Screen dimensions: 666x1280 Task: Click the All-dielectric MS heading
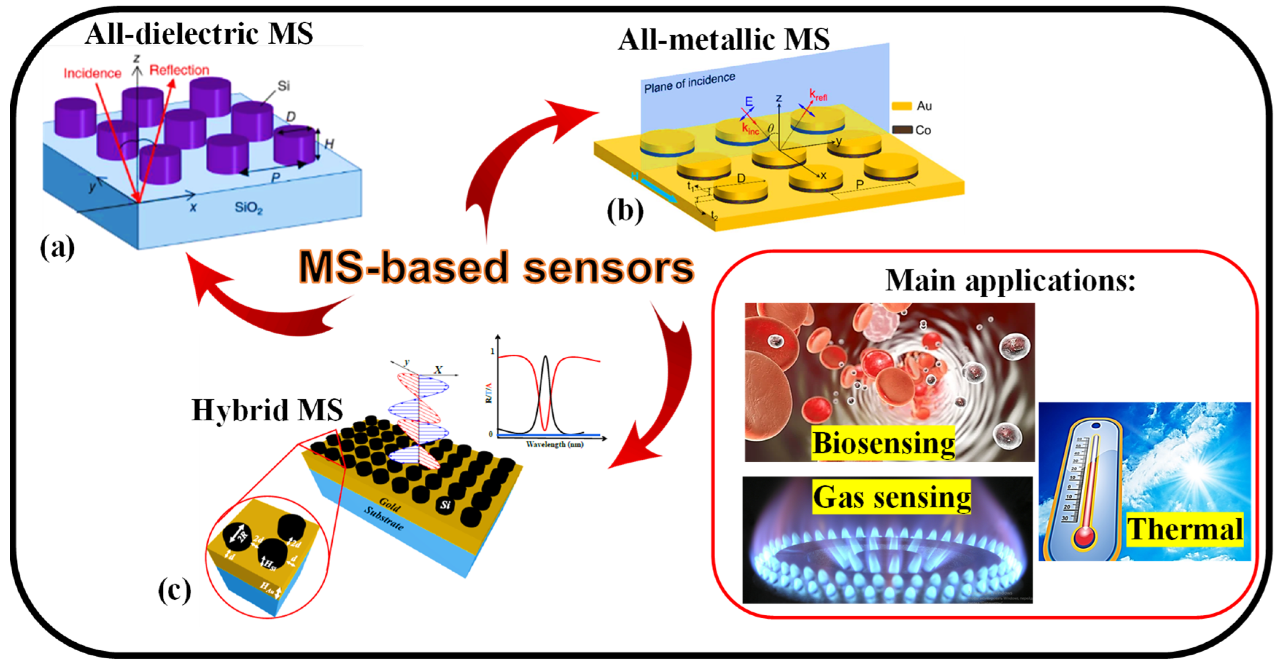click(x=199, y=34)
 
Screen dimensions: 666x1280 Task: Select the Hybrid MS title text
click(x=267, y=410)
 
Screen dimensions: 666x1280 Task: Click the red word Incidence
click(x=92, y=74)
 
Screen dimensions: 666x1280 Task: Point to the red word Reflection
click(x=179, y=70)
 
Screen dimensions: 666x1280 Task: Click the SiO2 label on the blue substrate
click(x=248, y=207)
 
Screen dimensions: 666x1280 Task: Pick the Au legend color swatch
click(x=901, y=106)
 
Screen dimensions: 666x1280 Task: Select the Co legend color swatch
click(x=901, y=130)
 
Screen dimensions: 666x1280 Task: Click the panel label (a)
click(x=57, y=247)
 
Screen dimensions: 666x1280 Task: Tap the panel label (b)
click(x=624, y=211)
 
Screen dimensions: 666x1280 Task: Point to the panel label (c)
click(x=174, y=590)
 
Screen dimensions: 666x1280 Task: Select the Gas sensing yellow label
click(x=892, y=497)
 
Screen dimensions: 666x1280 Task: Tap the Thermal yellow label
click(x=1184, y=529)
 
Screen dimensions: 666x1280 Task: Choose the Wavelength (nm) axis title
click(x=554, y=444)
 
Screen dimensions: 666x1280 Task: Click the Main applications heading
click(x=1010, y=281)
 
